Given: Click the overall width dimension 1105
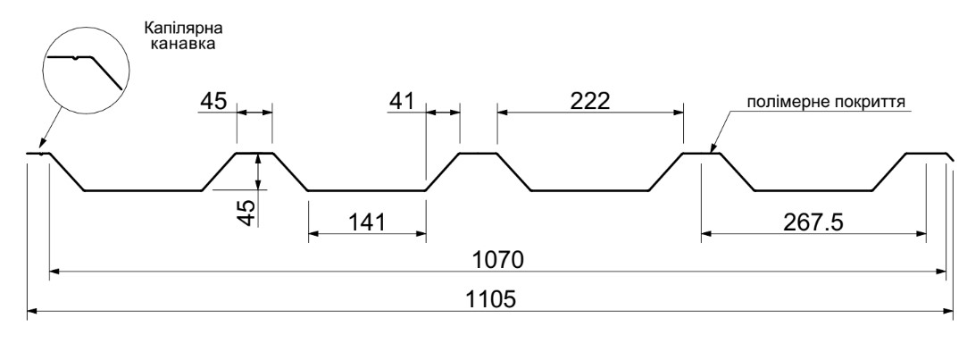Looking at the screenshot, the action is pos(491,299).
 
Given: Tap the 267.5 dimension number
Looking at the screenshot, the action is pos(813,222).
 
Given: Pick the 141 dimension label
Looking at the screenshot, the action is pos(367,222).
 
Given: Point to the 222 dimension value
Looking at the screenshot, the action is pos(589,101).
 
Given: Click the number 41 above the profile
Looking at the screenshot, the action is pos(402,101).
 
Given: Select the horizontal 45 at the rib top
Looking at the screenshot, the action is pos(213,101).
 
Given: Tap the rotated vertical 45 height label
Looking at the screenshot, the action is pos(246,213).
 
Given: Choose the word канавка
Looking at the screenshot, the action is pos(182,44).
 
